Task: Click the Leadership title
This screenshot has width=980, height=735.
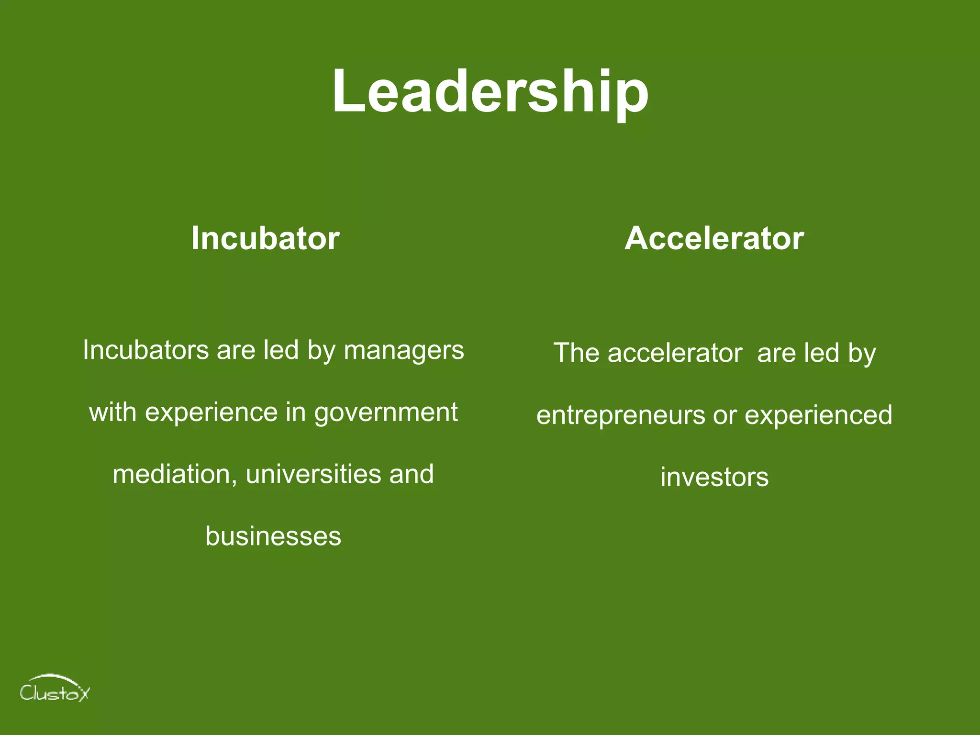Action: tap(490, 92)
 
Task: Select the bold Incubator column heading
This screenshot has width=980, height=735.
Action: tap(266, 238)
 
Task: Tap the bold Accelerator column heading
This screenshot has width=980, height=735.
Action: tap(714, 238)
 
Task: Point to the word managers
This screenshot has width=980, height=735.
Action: tap(404, 351)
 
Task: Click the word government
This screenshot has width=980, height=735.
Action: tap(386, 413)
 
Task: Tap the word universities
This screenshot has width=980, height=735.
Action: tap(313, 474)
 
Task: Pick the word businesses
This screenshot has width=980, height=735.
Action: tap(273, 536)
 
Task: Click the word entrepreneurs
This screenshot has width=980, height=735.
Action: tap(621, 415)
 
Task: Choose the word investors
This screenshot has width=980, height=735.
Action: tap(714, 478)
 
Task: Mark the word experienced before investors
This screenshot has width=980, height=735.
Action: tap(818, 415)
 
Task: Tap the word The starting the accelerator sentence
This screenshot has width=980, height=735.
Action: tap(576, 353)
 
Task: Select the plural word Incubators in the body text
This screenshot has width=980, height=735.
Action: tap(145, 350)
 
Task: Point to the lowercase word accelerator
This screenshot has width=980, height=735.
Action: tap(675, 353)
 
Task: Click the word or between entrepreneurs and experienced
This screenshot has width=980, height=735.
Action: tap(725, 415)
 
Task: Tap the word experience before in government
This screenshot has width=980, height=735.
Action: tap(211, 413)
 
